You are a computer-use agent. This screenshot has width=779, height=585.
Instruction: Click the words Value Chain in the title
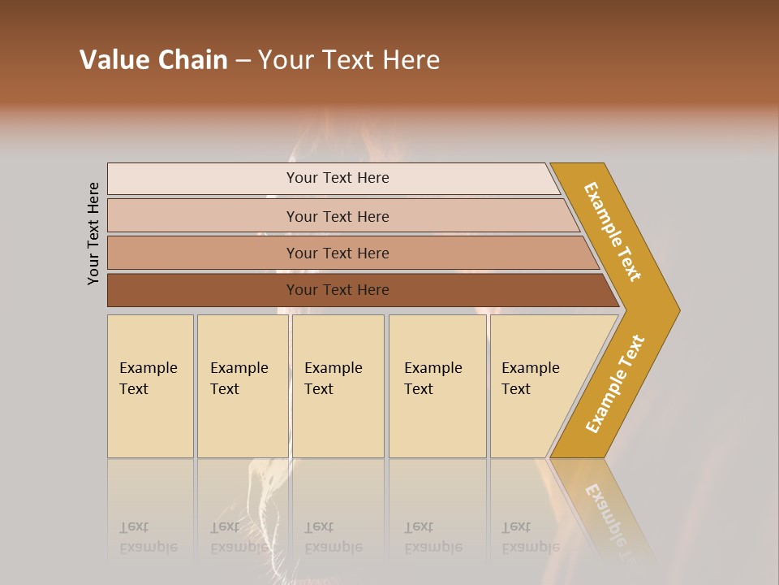coord(153,60)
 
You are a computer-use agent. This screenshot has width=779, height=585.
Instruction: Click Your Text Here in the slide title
coord(349,60)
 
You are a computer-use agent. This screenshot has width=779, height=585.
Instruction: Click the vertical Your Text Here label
coord(93,233)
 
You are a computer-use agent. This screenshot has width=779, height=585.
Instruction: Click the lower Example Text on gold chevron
coord(615,383)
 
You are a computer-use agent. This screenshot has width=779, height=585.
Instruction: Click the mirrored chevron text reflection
coord(607,512)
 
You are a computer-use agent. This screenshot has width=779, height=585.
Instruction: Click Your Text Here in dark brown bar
coord(338,290)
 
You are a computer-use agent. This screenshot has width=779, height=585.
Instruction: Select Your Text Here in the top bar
coord(338,178)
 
